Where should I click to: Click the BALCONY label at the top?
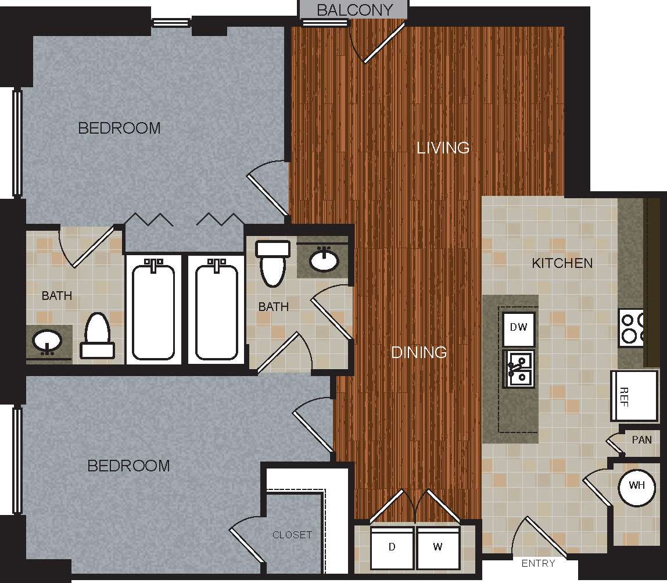pyautogui.click(x=354, y=10)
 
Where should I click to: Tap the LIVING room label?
pyautogui.click(x=443, y=148)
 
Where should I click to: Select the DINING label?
pyautogui.click(x=419, y=352)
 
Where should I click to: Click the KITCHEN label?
pyautogui.click(x=562, y=263)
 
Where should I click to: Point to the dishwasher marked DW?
pyautogui.click(x=518, y=327)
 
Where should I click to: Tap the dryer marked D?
pyautogui.click(x=392, y=548)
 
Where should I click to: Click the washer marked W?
pyautogui.click(x=438, y=548)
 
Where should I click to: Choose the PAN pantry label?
pyautogui.click(x=641, y=439)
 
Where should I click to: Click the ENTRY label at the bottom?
pyautogui.click(x=538, y=563)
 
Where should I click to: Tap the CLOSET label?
pyautogui.click(x=292, y=535)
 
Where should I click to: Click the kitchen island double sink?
pyautogui.click(x=519, y=369)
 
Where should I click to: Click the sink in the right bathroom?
pyautogui.click(x=325, y=260)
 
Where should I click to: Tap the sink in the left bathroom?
pyautogui.click(x=46, y=340)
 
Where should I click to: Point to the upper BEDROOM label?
pyautogui.click(x=119, y=128)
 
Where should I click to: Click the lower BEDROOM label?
pyautogui.click(x=128, y=466)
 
